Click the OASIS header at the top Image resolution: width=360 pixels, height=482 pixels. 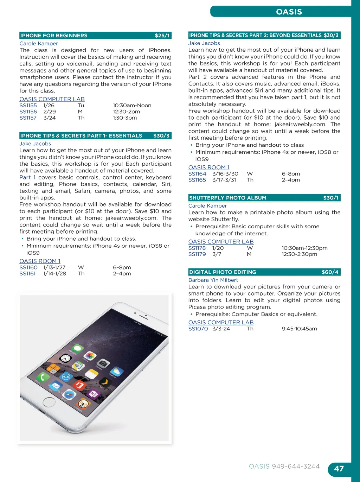pos(289,12)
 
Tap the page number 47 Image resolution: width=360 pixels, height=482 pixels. pos(339,469)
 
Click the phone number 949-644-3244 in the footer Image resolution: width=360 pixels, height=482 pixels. pos(296,467)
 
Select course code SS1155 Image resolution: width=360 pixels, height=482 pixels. pos(28,106)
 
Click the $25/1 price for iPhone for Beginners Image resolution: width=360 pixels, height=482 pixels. pos(162,36)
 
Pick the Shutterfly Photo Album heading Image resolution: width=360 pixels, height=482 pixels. pos(228,198)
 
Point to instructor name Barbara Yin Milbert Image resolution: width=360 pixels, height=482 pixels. pos(213,280)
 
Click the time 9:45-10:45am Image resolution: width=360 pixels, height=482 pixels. pos(299,329)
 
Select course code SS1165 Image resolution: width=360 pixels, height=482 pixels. pos(197,180)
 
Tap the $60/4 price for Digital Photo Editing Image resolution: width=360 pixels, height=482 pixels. pos(330,272)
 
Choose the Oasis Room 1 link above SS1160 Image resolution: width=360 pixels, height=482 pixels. pos(40,261)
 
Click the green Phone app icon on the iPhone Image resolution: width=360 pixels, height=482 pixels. pos(43,378)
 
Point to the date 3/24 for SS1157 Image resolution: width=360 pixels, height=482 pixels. pos(50,118)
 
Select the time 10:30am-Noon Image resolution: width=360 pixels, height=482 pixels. pos(132,106)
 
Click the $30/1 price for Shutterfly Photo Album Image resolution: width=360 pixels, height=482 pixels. pos(330,198)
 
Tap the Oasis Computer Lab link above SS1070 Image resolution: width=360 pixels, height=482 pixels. pos(221,322)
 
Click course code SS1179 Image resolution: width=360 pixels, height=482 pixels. pos(197,254)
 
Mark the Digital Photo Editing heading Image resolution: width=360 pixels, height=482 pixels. pos(223,272)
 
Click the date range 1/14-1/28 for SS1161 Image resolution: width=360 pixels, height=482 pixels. pos(54,273)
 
